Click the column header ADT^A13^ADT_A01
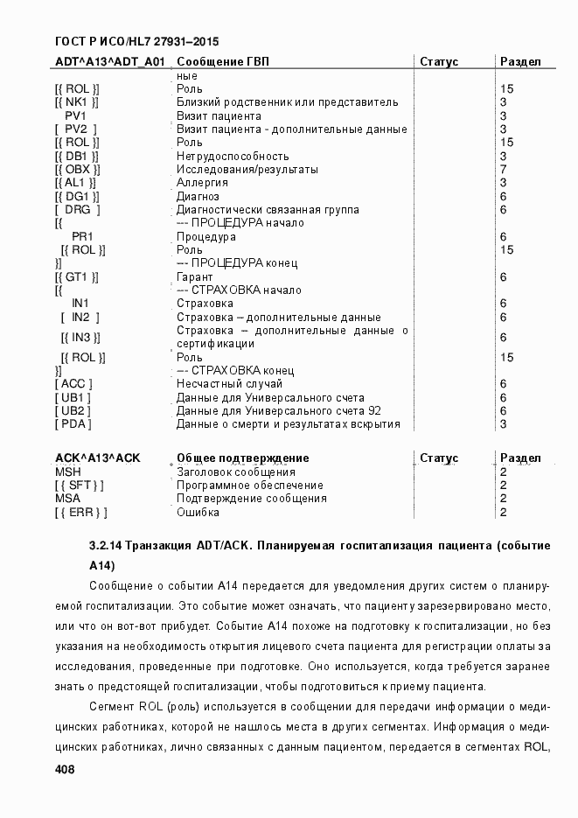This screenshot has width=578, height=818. point(109,62)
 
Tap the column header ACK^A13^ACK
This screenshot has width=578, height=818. point(97,458)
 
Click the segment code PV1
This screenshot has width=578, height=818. point(75,115)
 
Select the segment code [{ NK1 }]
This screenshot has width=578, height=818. point(76,102)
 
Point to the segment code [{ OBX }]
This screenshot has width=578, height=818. point(77,169)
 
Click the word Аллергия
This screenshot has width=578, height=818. point(202,183)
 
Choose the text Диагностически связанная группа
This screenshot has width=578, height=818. point(268,210)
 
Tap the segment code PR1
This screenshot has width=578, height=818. point(82,236)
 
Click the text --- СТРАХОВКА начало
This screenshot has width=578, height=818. point(239,290)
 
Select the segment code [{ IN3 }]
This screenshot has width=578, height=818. point(82,338)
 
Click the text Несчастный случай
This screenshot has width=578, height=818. point(229,384)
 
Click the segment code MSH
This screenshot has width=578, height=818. point(67,472)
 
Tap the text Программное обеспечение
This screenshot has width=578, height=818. point(250,486)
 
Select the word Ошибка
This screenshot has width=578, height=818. point(198,513)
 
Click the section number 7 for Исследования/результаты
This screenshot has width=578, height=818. point(504,169)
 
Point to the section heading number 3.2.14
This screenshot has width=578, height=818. point(106,545)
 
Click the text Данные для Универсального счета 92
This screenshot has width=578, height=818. point(279,411)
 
